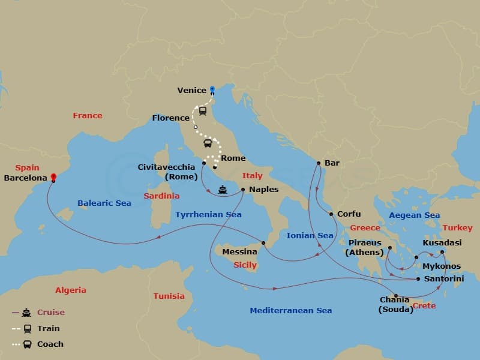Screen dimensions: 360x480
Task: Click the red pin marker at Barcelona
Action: click(x=53, y=177)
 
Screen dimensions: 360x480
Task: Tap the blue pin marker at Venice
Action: click(x=212, y=90)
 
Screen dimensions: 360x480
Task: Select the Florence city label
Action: click(x=170, y=118)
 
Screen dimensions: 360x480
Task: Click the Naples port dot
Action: click(x=242, y=190)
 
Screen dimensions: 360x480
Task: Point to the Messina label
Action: click(x=239, y=252)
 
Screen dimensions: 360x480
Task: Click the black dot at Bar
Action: click(x=319, y=163)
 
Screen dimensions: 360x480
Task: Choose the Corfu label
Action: click(x=349, y=214)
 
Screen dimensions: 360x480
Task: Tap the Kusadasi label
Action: click(x=442, y=242)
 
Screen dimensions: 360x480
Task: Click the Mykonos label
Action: click(x=442, y=266)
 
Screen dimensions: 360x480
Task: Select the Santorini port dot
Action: click(x=418, y=279)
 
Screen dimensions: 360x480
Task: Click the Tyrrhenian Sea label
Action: click(x=208, y=214)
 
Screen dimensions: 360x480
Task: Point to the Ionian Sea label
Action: click(x=310, y=236)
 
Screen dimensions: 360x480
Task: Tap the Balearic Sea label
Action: click(x=104, y=203)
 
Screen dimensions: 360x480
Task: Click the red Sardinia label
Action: click(x=161, y=196)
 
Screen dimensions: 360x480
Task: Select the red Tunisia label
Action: click(x=169, y=296)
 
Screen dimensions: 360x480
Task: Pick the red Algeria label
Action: click(x=71, y=290)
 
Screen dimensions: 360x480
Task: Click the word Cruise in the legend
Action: click(x=50, y=312)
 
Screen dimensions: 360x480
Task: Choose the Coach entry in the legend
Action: click(x=50, y=344)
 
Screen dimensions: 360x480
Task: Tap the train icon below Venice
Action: click(x=203, y=111)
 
